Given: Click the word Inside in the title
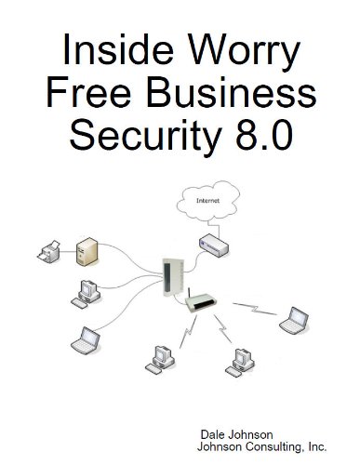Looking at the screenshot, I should click(102, 52).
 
